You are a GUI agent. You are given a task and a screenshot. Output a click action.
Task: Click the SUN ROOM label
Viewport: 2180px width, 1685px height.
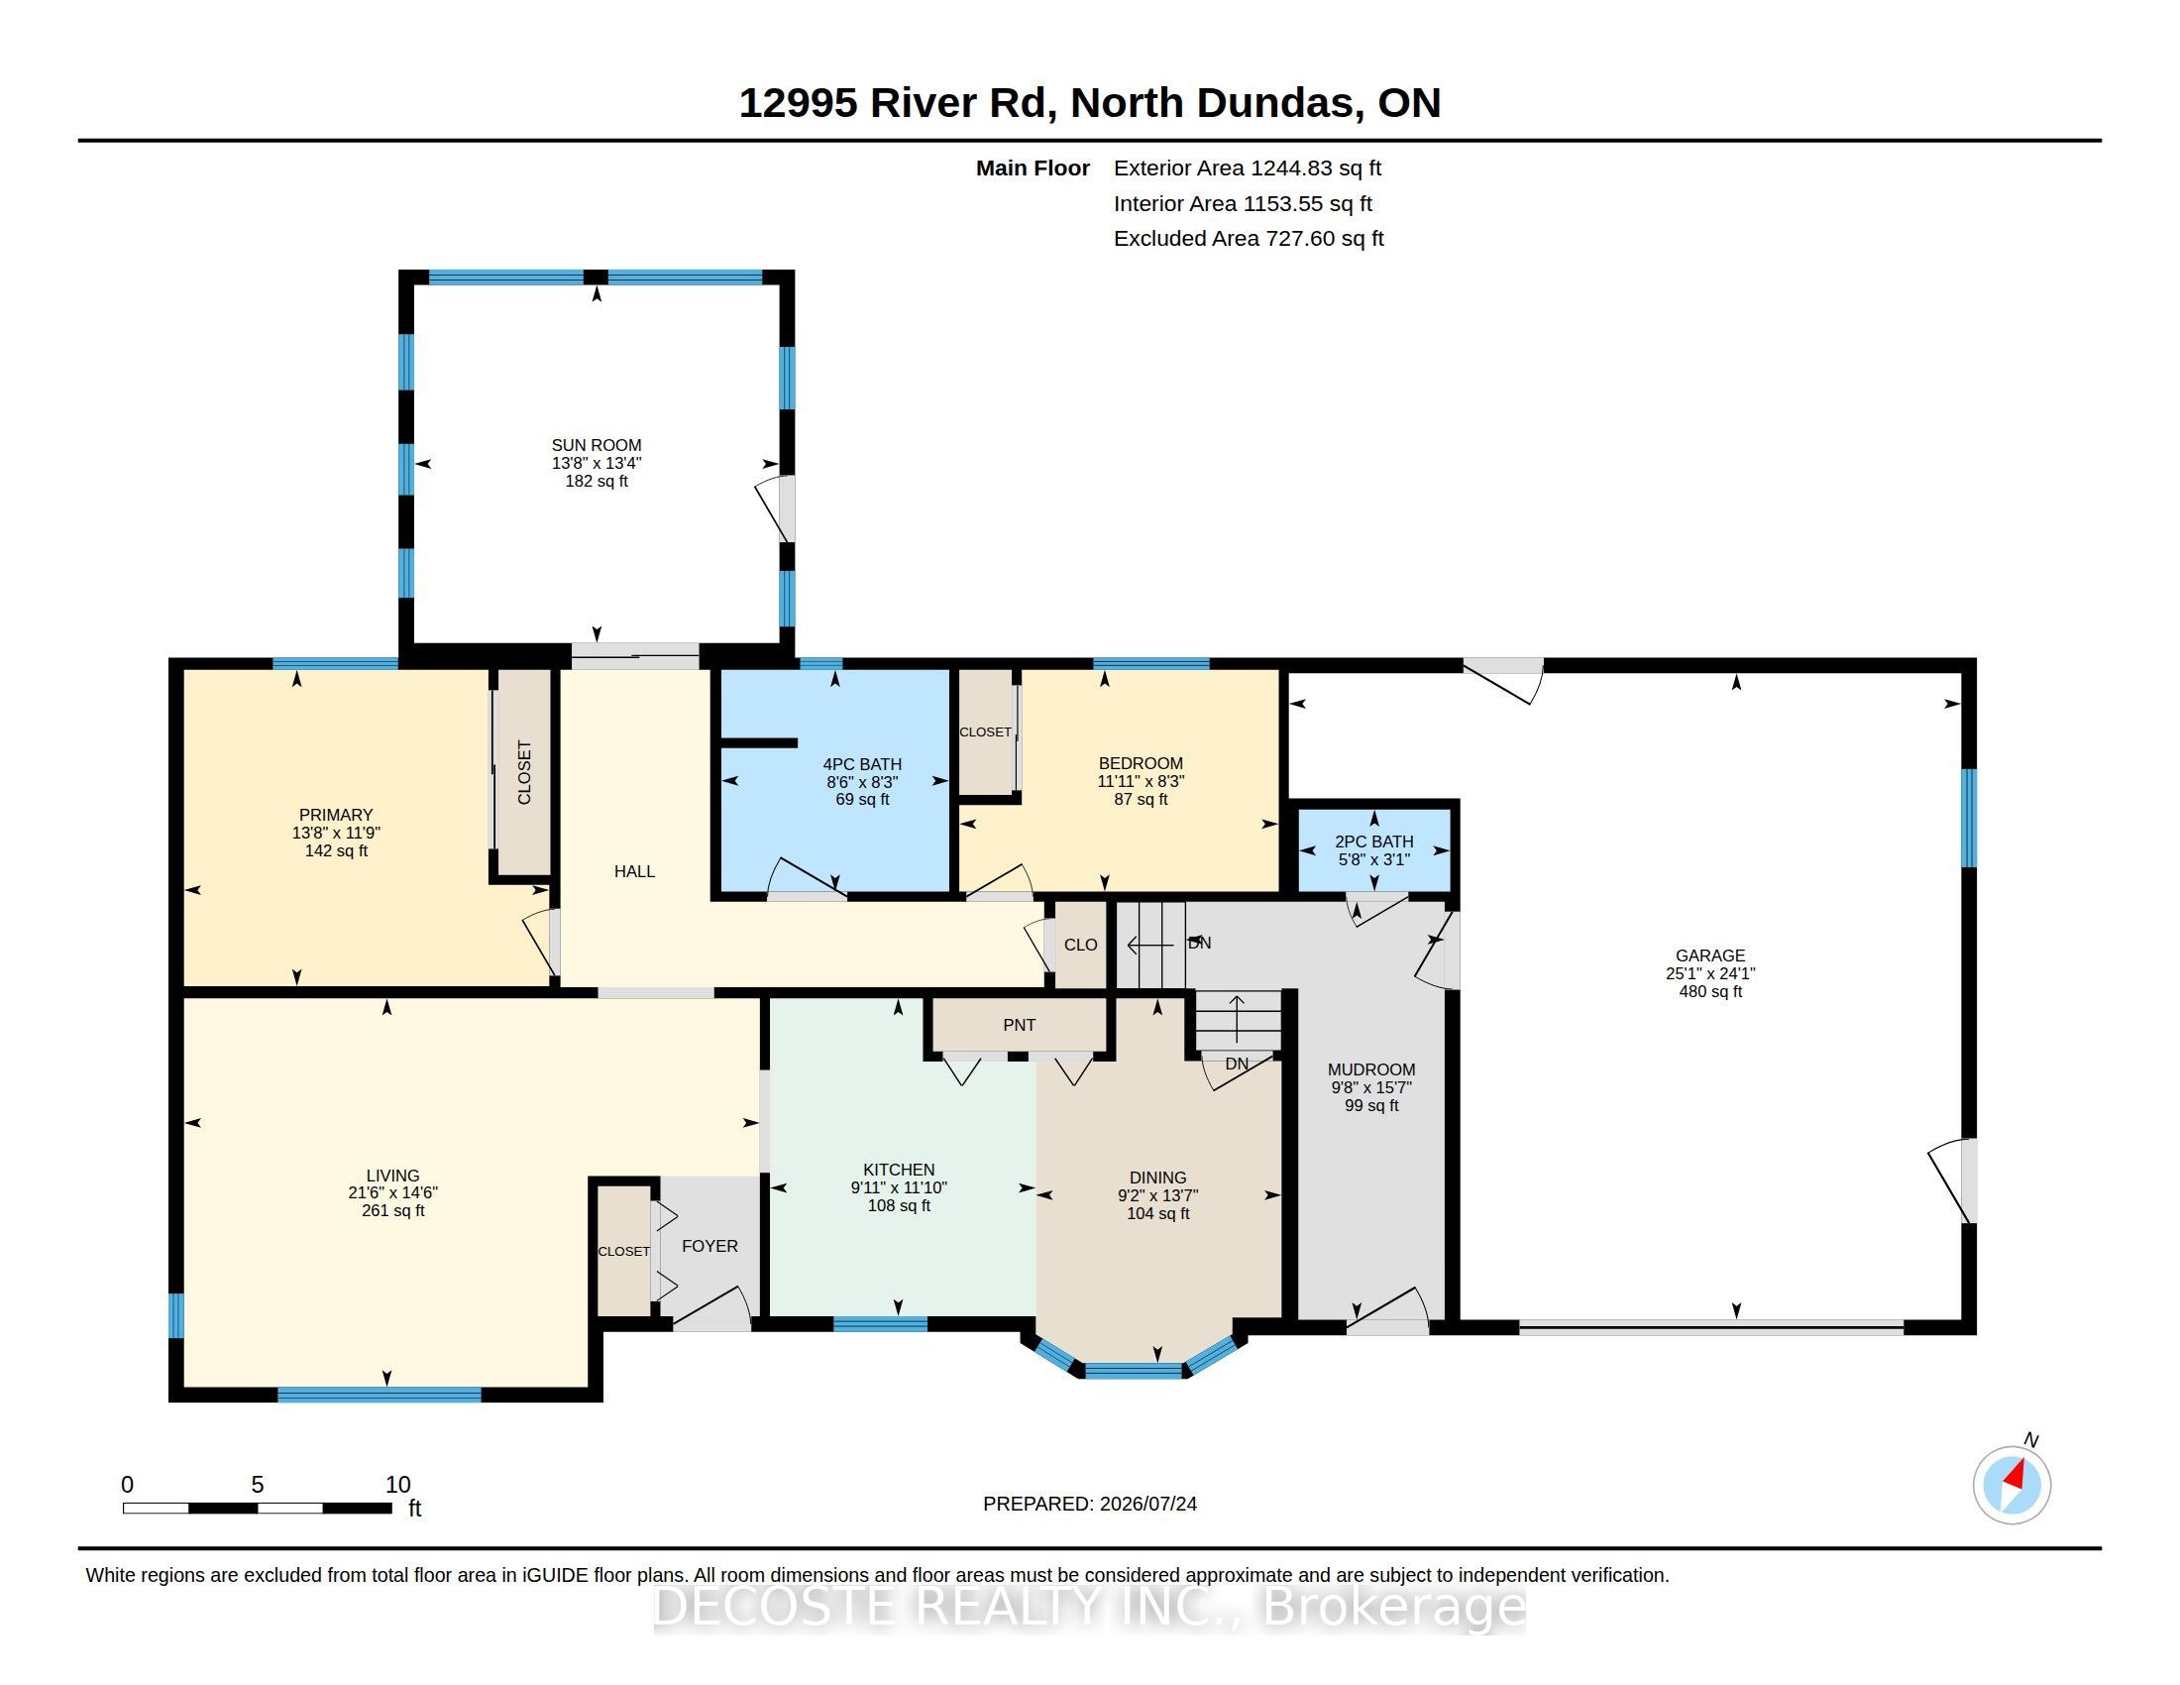[596, 445]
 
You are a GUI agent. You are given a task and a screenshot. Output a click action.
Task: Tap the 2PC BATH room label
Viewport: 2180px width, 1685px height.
[1373, 842]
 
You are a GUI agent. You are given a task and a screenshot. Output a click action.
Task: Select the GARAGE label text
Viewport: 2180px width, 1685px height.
[1710, 955]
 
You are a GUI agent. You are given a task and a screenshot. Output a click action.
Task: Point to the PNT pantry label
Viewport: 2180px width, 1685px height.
[1019, 1025]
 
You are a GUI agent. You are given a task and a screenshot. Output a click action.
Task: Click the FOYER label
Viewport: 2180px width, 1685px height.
[709, 1246]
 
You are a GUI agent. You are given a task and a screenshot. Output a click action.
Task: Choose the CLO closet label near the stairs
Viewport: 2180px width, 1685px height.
[1080, 945]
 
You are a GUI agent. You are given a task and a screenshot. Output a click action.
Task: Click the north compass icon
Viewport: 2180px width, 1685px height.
[2012, 1485]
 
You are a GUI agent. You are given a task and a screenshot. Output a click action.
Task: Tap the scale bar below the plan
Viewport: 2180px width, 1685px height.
[257, 1509]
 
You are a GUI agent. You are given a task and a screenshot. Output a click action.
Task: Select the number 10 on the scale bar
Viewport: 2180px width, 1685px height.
[398, 1485]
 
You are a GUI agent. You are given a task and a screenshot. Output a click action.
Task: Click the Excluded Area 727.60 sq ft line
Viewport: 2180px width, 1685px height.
[1249, 239]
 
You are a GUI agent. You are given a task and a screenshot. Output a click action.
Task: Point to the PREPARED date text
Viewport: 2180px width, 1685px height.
[1090, 1504]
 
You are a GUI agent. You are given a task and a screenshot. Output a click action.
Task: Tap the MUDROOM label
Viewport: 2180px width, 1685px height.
[1371, 1069]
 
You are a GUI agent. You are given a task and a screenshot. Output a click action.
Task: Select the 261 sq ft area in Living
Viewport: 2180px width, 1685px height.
[393, 1211]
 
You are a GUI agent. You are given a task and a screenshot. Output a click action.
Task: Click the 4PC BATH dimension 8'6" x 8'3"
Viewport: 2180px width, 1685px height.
[862, 782]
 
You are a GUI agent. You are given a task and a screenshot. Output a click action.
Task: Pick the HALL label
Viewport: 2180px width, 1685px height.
[634, 871]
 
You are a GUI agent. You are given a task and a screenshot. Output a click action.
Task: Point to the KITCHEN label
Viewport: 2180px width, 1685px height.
[899, 1170]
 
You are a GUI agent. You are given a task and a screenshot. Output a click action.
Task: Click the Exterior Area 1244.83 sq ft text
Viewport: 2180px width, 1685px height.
[1248, 168]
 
